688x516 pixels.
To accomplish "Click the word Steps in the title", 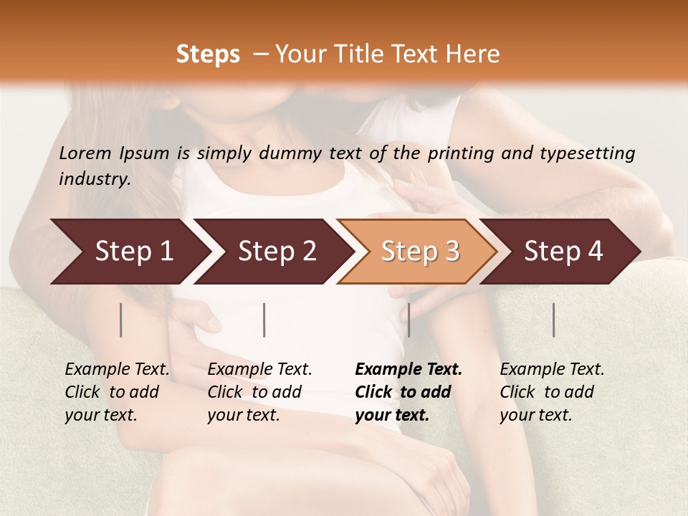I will point(208,54).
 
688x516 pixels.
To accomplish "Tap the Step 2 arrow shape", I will point(272,252).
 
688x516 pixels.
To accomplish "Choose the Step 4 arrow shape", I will point(562,252).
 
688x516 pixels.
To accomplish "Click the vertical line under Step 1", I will point(121,320).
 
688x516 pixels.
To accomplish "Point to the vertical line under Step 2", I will point(264,320).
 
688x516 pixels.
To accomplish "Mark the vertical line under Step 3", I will point(408,320).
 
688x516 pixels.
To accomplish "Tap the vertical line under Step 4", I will point(554,320).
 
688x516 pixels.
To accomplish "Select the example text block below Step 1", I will point(116,392).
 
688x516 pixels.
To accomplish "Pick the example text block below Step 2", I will point(259,392).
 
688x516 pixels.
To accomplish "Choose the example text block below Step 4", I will point(551,392).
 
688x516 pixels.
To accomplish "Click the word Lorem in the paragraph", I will point(85,153).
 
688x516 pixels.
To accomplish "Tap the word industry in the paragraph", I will point(95,178).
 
